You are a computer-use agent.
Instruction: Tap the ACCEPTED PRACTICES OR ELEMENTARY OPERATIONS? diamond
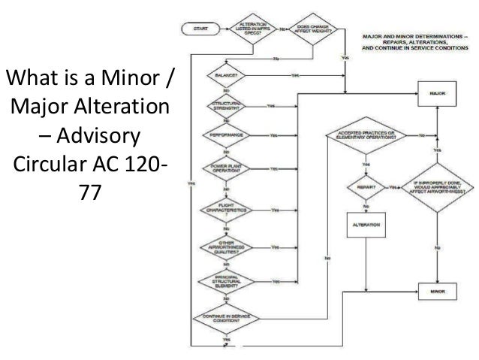366,136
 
